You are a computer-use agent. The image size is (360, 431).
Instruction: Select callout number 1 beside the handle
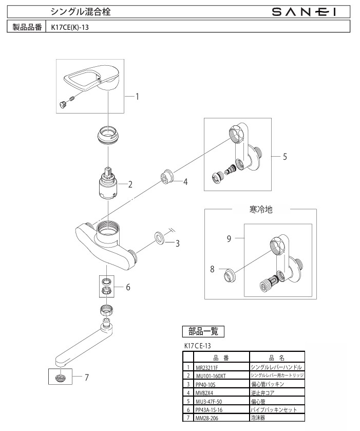point(138,96)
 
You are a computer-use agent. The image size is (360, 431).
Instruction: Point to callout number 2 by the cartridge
point(130,184)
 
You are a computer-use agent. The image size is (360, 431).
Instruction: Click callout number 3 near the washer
point(177,243)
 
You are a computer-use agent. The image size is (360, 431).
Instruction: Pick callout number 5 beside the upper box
point(284,157)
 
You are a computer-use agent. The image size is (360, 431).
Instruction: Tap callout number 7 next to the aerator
point(86,377)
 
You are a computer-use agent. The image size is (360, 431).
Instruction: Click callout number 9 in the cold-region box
point(230,238)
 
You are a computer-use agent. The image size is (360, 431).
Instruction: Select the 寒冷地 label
point(260,210)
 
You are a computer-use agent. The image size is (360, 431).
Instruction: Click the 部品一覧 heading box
point(203,331)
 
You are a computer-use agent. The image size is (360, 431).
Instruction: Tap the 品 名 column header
point(276,358)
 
